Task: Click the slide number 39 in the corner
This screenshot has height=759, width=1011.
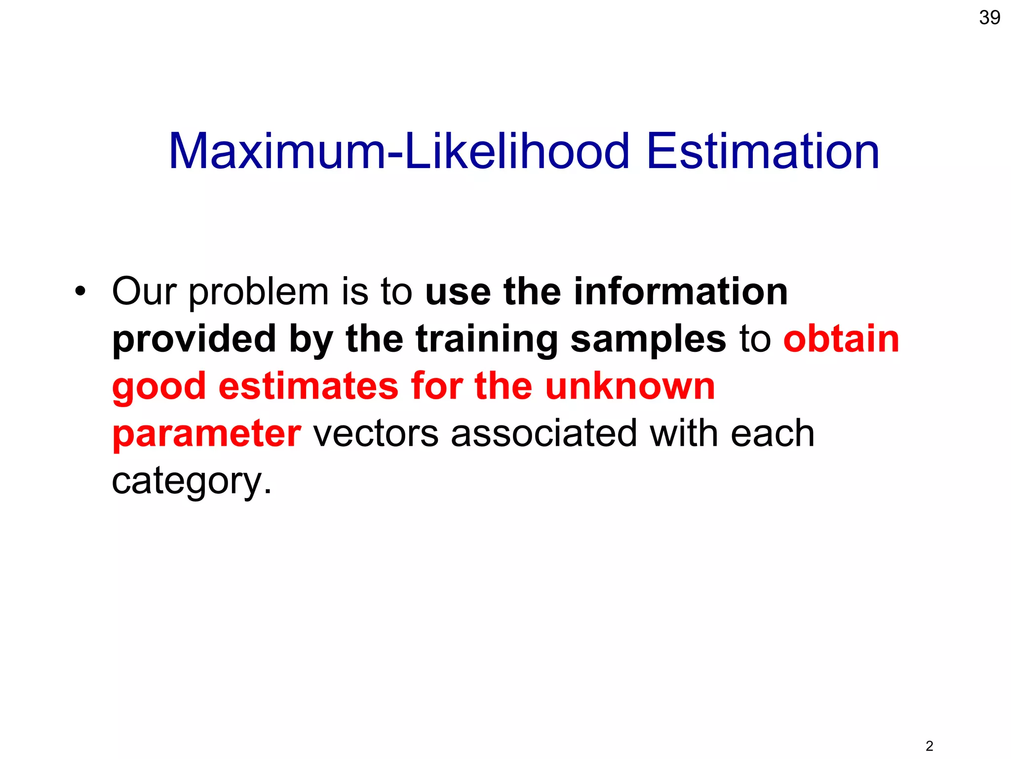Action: coord(989,18)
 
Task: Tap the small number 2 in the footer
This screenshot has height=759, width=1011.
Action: coord(929,746)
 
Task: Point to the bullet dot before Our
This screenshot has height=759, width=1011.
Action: coord(80,291)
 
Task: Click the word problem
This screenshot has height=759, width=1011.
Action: coord(259,293)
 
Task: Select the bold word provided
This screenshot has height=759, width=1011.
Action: coord(194,340)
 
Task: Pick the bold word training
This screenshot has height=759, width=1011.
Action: coord(487,340)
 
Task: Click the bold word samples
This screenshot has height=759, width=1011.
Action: coord(648,340)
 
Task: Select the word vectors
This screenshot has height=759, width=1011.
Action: coord(376,433)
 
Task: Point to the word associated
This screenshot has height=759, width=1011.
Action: coord(544,433)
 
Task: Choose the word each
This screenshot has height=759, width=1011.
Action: coord(773,433)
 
